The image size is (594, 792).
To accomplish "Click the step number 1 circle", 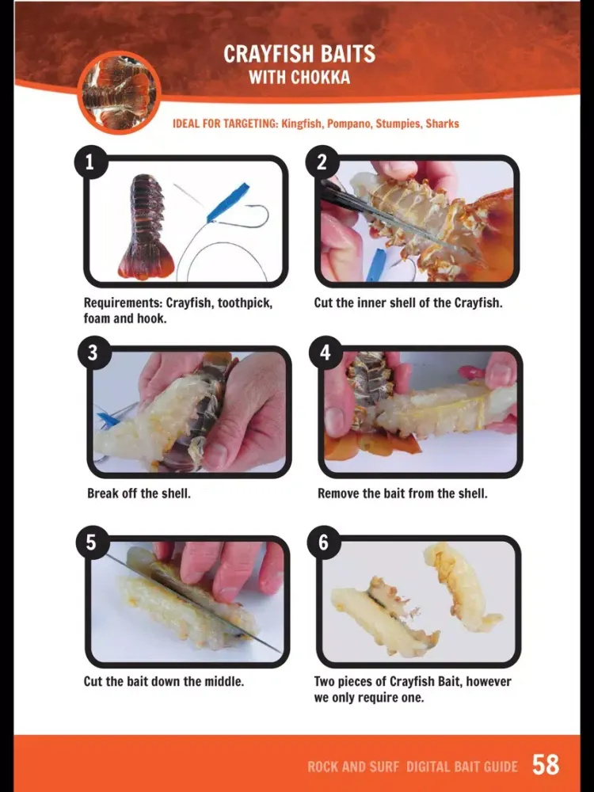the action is tap(91, 162).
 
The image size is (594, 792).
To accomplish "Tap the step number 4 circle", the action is tap(325, 352).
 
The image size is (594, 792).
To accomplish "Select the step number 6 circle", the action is tap(324, 542).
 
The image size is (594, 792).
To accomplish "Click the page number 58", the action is tap(546, 765).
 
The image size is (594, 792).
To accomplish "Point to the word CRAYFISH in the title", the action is tap(265, 54).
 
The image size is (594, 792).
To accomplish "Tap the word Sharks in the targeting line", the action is tap(442, 124).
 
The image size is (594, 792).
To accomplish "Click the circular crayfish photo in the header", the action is tap(120, 93).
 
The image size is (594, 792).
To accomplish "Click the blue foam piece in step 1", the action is tap(227, 203).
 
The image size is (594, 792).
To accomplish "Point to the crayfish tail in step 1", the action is tap(146, 227).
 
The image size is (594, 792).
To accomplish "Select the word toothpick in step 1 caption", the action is tap(245, 303).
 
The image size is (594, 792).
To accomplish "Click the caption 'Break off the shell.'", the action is tap(139, 493).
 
